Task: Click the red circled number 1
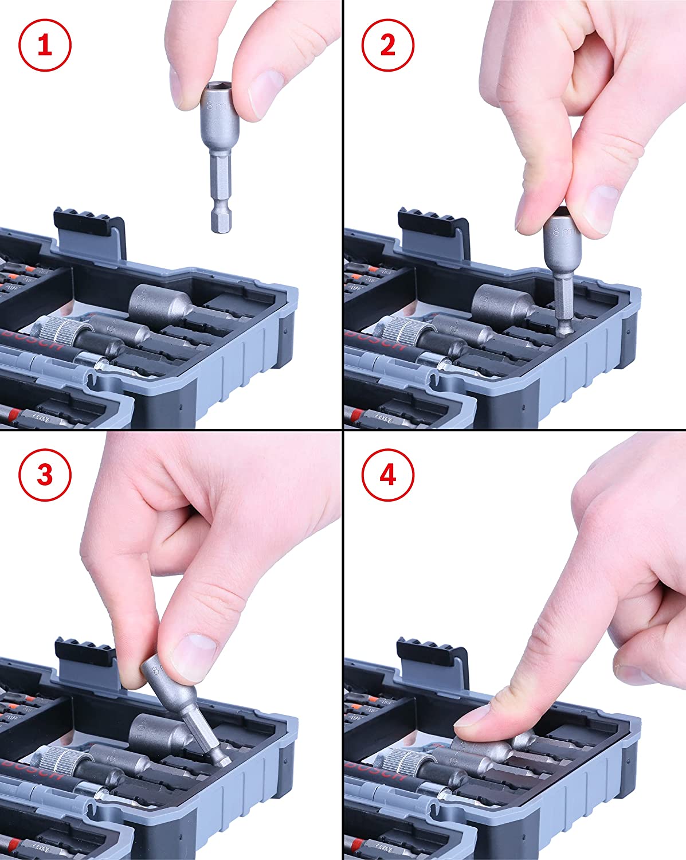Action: pyautogui.click(x=45, y=45)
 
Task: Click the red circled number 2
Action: pyautogui.click(x=388, y=45)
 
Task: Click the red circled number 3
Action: pyautogui.click(x=45, y=475)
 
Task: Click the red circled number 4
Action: pyautogui.click(x=388, y=475)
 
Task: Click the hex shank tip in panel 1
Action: pyautogui.click(x=218, y=221)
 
